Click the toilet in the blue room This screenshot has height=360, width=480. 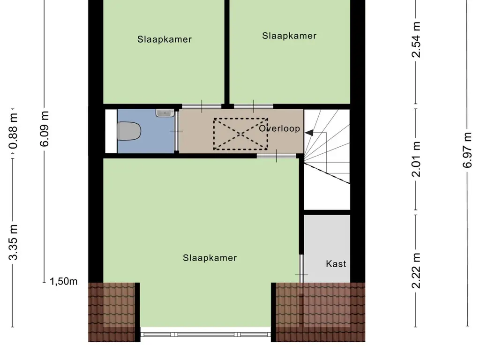[x=129, y=131]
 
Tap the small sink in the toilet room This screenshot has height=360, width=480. [x=165, y=112]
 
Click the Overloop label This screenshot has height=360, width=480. [x=279, y=128]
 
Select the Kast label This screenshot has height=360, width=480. [x=336, y=264]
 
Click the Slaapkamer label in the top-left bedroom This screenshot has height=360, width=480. [x=165, y=39]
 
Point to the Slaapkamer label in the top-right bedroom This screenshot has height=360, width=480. [x=289, y=36]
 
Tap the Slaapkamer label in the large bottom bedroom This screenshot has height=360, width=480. [x=210, y=258]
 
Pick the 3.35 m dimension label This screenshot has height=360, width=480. [x=15, y=242]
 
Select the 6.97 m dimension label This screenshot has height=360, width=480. [x=467, y=150]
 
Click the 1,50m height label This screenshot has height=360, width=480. [x=64, y=281]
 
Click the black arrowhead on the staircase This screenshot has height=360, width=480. [x=309, y=134]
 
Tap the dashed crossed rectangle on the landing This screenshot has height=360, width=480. [x=240, y=134]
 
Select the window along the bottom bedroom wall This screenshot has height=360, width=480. [x=206, y=334]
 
